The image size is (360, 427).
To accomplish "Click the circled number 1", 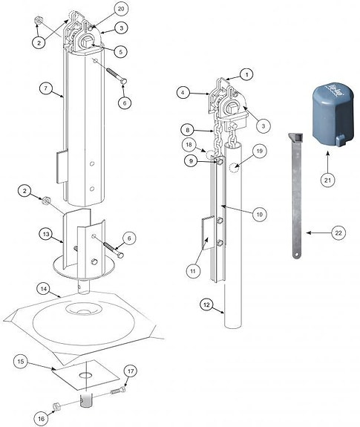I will pos(246,74).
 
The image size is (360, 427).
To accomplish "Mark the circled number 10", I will pos(259,214).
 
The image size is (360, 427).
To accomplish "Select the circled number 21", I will pos(327,178).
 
